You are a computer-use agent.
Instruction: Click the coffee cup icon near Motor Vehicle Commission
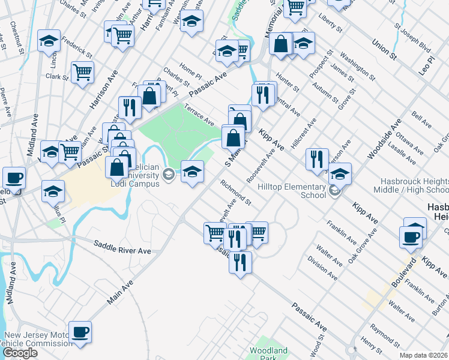pos(80,332)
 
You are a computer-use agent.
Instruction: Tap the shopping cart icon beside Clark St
pos(83,73)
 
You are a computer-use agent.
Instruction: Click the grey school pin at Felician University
pos(169,175)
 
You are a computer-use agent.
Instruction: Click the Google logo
pos(20,353)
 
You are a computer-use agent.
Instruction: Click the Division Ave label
pos(323,269)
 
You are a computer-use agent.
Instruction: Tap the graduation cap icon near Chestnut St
pos(49,40)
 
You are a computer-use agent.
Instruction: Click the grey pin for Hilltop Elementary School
pos(334,191)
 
